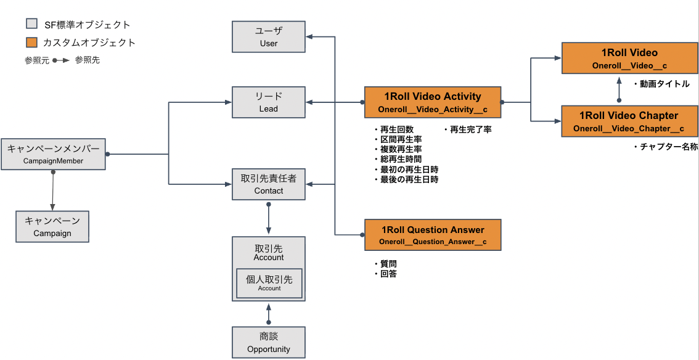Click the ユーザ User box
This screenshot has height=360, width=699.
[x=269, y=36]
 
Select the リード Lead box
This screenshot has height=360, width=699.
[x=269, y=102]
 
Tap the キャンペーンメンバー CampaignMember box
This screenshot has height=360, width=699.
[x=53, y=154]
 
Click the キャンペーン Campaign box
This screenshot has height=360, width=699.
[x=52, y=227]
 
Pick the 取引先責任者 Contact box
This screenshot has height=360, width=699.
[x=269, y=184]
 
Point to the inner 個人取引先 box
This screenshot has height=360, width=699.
[x=269, y=283]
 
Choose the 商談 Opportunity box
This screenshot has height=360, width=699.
[x=269, y=342]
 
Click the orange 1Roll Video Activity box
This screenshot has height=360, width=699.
[x=433, y=102]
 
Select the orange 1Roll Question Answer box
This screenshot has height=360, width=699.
[x=433, y=235]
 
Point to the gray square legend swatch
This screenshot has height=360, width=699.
[x=32, y=25]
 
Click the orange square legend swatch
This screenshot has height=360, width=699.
[x=32, y=43]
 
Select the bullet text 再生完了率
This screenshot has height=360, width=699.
[x=470, y=130]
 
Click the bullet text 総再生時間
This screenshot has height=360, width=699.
[x=401, y=160]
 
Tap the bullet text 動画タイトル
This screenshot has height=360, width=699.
[x=664, y=84]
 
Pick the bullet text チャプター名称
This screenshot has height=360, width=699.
[x=668, y=147]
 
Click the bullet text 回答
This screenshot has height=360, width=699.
[x=388, y=274]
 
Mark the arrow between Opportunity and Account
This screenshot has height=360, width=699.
[x=269, y=314]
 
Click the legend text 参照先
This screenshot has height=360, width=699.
[x=88, y=60]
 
